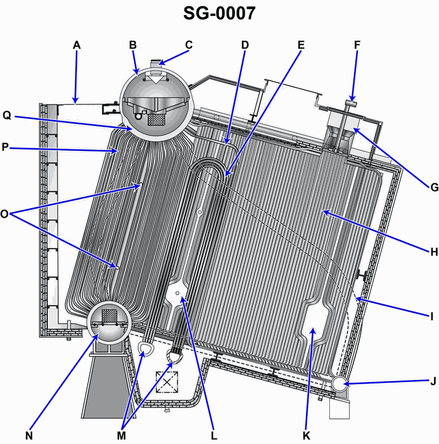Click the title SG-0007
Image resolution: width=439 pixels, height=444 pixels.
219,13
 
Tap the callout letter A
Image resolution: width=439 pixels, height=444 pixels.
77,45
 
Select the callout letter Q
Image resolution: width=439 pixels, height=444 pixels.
7,116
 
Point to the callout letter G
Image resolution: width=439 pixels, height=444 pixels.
434,187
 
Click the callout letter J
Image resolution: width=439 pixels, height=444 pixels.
434,381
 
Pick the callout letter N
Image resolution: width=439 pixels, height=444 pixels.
29,436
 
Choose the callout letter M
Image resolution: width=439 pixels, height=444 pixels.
121,436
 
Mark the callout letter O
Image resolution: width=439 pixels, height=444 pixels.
4,214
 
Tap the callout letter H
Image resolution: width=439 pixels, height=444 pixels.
434,252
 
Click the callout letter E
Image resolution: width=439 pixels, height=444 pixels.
301,45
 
